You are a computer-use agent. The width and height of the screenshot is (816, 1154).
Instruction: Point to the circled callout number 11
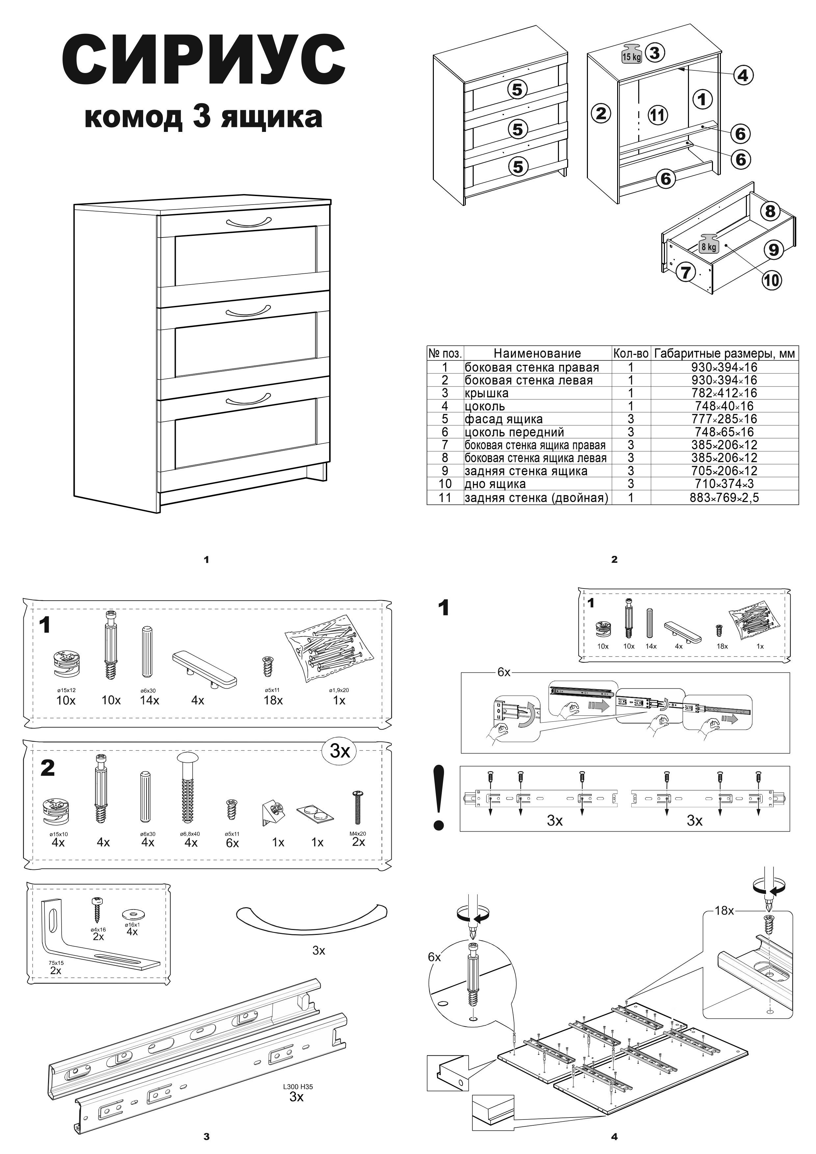coord(657,115)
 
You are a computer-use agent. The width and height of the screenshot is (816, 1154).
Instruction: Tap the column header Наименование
coord(537,353)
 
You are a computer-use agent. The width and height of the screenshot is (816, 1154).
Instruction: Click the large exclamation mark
coord(439,798)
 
